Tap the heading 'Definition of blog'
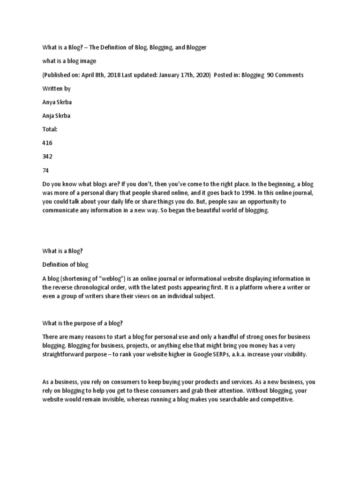pos(65,265)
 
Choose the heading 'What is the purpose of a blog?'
pos(82,322)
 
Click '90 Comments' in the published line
pos(285,75)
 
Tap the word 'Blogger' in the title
pos(193,48)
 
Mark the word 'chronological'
pos(94,287)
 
